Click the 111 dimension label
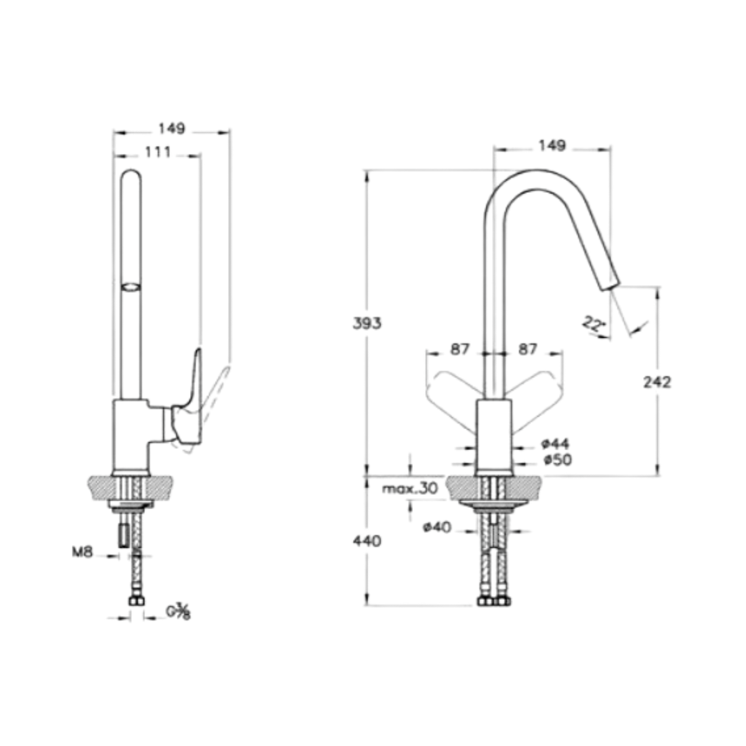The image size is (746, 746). [158, 152]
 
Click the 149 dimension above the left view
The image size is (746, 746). [172, 128]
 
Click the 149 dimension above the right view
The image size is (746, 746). [552, 145]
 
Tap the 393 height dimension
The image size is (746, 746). [367, 323]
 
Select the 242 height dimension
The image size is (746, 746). [657, 382]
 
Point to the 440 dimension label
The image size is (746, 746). [367, 541]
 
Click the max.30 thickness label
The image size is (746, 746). [410, 489]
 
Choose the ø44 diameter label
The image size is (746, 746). [556, 444]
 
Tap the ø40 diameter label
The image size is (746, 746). [437, 527]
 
